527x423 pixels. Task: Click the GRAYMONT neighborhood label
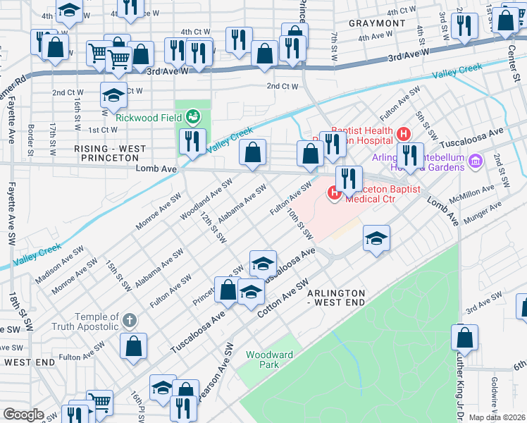[377, 23]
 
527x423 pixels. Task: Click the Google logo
[23, 415]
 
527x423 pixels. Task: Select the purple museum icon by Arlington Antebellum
[475, 162]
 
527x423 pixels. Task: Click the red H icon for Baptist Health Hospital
[403, 133]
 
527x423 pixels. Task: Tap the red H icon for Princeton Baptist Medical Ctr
[333, 191]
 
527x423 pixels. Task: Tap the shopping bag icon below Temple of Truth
[133, 346]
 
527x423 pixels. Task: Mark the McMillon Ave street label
[474, 191]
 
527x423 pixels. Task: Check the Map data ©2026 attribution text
[497, 417]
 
